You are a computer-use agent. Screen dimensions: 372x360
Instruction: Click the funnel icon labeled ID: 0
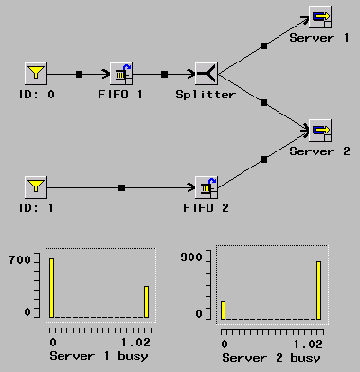pos(35,73)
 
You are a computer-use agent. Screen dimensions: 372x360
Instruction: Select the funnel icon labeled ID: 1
pos(35,186)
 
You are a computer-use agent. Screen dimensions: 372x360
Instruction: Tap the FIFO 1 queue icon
pos(121,73)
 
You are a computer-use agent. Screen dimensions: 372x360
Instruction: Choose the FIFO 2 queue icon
pos(206,186)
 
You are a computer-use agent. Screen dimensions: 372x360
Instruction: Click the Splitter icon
pos(206,73)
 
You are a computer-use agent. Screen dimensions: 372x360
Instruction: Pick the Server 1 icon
pos(320,16)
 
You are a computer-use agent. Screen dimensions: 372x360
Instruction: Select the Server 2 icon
pos(320,130)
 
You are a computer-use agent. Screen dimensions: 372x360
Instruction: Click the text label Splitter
pos(206,95)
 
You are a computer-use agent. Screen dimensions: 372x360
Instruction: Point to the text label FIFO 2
pos(206,207)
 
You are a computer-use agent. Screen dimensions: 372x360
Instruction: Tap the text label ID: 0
pos(35,95)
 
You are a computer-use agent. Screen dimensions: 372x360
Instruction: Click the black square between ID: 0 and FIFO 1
pos(79,73)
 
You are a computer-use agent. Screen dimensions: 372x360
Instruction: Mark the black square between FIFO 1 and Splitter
pos(164,73)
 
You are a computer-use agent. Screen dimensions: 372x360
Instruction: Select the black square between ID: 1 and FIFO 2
pos(121,186)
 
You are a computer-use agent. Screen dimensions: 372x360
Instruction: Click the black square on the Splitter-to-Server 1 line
pos(263,44)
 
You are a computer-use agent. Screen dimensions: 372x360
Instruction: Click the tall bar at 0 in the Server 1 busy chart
pos(52,287)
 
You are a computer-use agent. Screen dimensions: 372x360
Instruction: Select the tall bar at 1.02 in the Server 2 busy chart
pos(318,290)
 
